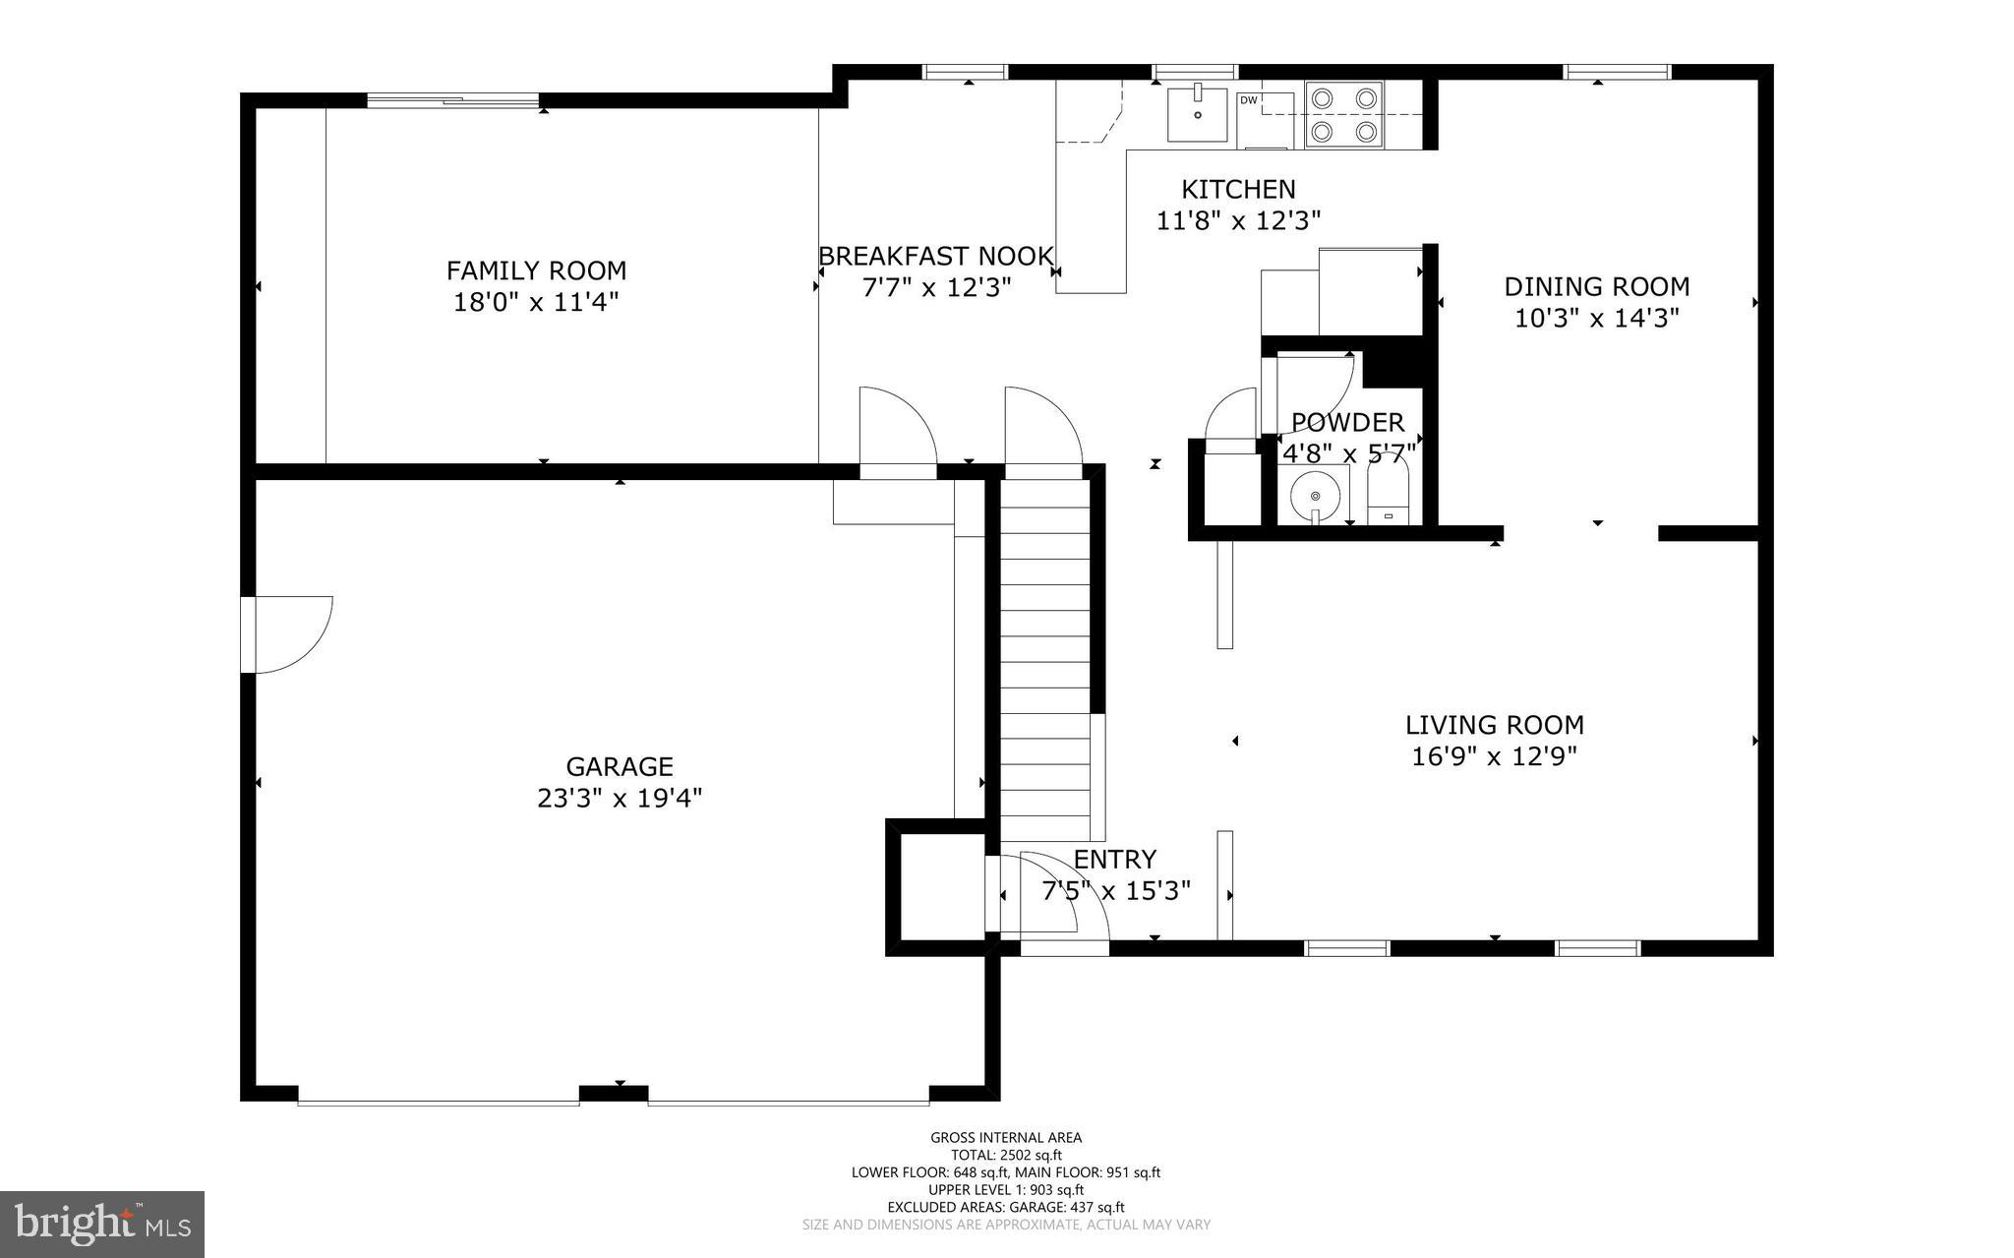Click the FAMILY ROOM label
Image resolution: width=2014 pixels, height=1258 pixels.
click(x=536, y=270)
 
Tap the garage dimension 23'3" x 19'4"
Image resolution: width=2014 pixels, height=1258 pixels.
click(x=620, y=798)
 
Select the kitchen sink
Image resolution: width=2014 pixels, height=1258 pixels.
click(x=1198, y=114)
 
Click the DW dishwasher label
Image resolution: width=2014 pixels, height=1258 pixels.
click(x=1248, y=100)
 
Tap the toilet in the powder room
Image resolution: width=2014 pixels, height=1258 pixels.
click(x=1389, y=497)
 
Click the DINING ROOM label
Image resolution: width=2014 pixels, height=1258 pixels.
click(x=1596, y=287)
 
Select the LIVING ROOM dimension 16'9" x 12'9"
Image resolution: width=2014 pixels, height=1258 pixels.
click(x=1494, y=756)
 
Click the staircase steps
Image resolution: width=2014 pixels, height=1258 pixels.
click(x=1045, y=659)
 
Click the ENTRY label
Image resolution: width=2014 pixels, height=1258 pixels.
click(x=1114, y=860)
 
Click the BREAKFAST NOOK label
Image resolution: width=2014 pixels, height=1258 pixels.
click(x=936, y=257)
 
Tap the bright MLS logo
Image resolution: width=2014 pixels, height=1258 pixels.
click(x=102, y=1224)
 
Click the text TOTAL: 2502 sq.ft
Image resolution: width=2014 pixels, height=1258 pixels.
click(x=1006, y=1156)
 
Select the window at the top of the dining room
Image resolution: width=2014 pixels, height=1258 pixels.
click(x=1617, y=72)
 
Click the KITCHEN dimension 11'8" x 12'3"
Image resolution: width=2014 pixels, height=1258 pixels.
click(x=1238, y=220)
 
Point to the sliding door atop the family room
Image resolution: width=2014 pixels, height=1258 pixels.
click(x=452, y=99)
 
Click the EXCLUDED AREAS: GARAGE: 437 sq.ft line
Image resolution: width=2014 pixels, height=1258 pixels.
click(x=1006, y=1207)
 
